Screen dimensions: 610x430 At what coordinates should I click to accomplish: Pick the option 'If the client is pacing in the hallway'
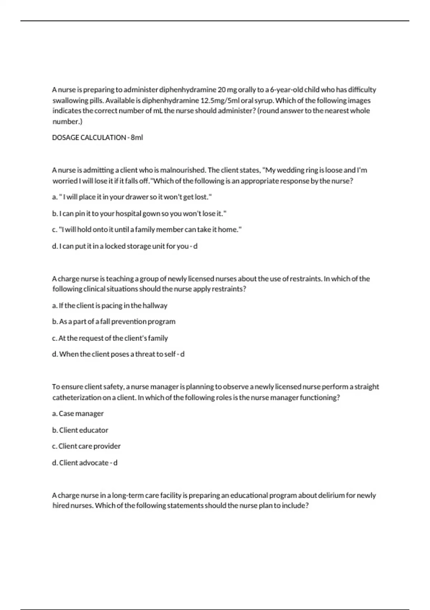pyautogui.click(x=110, y=306)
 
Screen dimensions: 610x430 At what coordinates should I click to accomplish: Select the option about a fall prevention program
pyautogui.click(x=114, y=322)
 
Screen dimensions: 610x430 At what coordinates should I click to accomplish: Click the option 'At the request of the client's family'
pyautogui.click(x=110, y=338)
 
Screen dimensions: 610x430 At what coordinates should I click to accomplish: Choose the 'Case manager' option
pyautogui.click(x=78, y=414)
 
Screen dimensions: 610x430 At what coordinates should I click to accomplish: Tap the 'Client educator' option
pyautogui.click(x=80, y=430)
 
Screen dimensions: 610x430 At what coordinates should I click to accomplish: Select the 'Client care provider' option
pyautogui.click(x=86, y=446)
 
